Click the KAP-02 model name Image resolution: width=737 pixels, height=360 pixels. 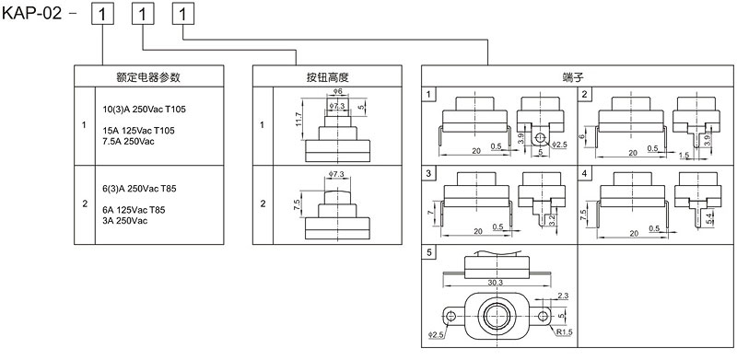(32, 13)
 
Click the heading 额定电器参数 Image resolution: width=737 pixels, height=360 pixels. (148, 77)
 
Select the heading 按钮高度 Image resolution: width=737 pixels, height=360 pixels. (328, 77)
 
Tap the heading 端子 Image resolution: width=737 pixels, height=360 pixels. (577, 77)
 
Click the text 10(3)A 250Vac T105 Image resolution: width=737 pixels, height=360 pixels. (145, 110)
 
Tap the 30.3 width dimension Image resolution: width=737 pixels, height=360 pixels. (495, 282)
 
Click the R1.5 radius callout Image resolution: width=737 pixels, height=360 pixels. (565, 331)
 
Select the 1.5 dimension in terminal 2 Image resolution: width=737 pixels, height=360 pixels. (684, 155)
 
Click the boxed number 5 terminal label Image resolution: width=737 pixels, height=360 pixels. (428, 252)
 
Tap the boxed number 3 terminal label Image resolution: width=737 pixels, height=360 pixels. (428, 173)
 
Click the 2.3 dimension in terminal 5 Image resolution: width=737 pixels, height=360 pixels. (563, 296)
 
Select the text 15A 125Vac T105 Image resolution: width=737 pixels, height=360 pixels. (139, 131)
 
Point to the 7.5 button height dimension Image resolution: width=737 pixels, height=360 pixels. (297, 205)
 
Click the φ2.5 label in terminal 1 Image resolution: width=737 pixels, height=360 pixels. (559, 144)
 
